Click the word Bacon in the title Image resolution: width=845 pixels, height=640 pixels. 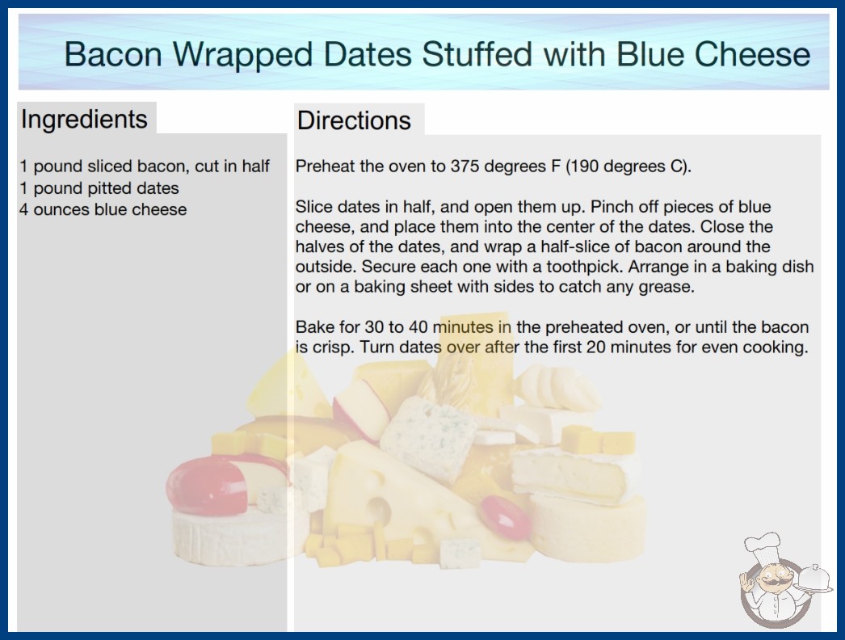[x=113, y=54]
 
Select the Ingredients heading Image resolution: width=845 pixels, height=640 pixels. [x=84, y=119]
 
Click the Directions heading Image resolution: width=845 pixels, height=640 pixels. [x=354, y=120]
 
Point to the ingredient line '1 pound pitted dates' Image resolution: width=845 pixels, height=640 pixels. [x=99, y=188]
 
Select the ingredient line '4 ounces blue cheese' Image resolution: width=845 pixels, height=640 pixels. [x=103, y=209]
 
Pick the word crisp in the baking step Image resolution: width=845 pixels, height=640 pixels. [x=333, y=347]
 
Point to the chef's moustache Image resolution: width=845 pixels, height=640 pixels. [x=771, y=583]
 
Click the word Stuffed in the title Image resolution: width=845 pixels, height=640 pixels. [x=477, y=54]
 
